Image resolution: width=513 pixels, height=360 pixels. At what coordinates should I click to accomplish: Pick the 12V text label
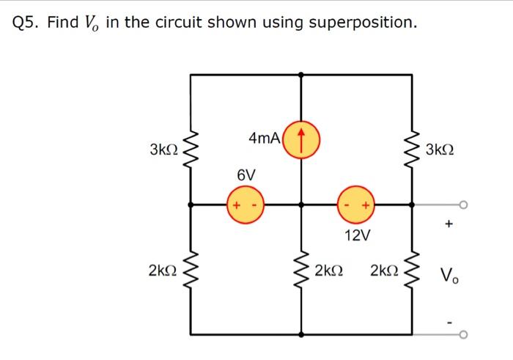pyautogui.click(x=358, y=235)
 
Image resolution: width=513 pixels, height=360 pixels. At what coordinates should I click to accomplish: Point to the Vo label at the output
pyautogui.click(x=450, y=276)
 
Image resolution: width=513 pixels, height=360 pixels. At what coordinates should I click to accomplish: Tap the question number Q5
pyautogui.click(x=26, y=23)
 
